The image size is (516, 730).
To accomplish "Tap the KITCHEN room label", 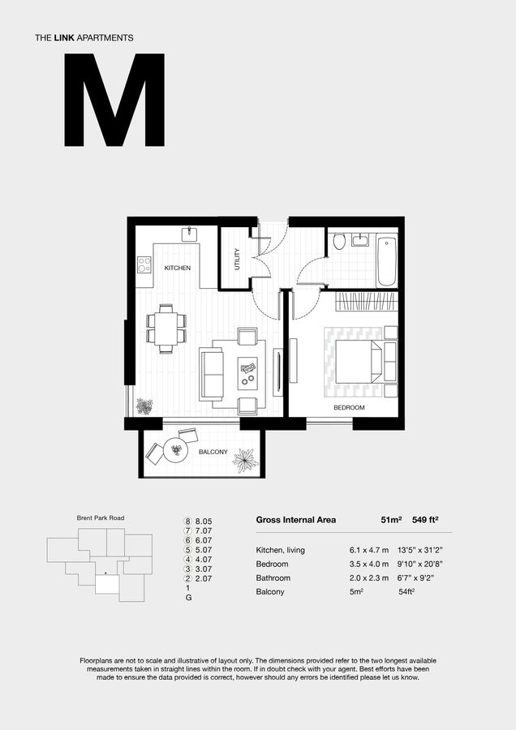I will (x=177, y=268).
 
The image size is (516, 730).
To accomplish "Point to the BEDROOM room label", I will (x=349, y=407).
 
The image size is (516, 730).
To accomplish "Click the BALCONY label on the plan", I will (x=213, y=452).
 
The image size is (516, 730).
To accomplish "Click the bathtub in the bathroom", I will (x=387, y=260).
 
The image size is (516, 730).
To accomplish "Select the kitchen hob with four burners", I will (x=144, y=264).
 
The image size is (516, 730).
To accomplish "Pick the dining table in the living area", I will (x=166, y=328).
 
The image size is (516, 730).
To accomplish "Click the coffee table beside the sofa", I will (x=248, y=374).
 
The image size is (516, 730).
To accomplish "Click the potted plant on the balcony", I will (x=244, y=461).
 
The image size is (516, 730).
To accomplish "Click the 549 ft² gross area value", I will (x=432, y=520).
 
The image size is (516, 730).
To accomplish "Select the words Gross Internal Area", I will (x=295, y=520).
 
